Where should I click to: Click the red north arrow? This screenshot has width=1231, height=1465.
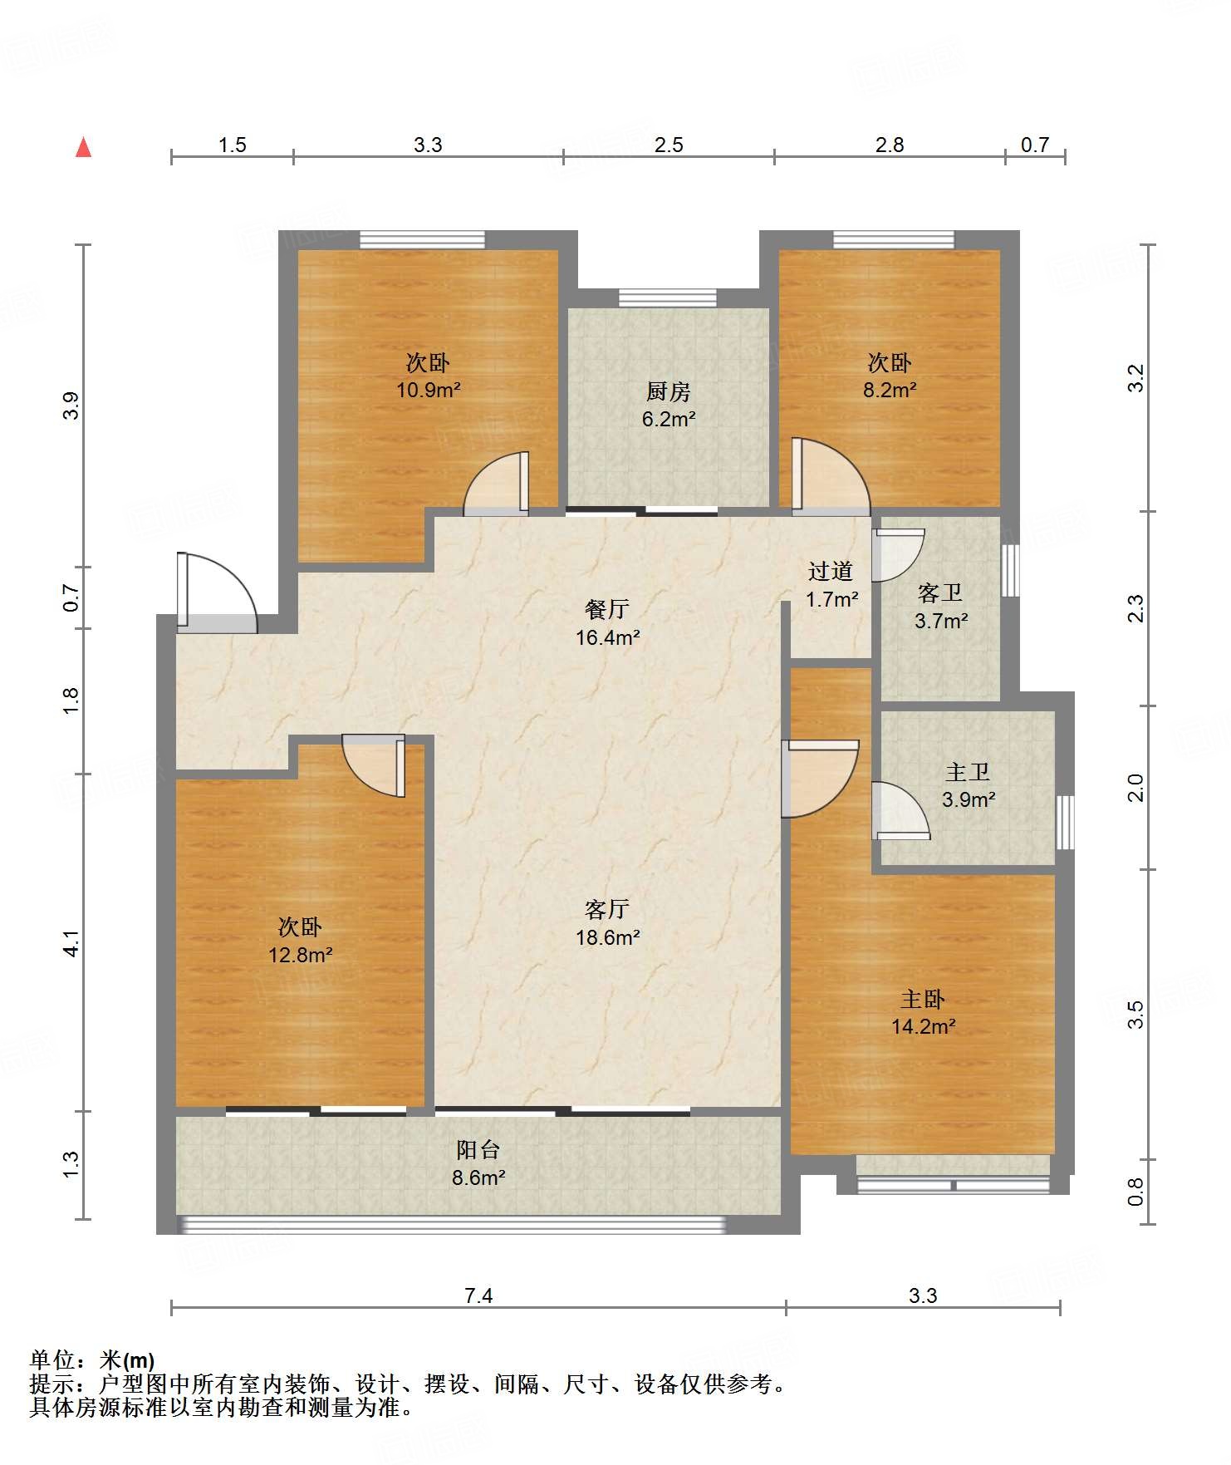tap(83, 147)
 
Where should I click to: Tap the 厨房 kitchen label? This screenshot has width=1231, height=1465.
tap(669, 391)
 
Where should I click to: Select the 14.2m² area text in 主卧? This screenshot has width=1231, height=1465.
tap(923, 1026)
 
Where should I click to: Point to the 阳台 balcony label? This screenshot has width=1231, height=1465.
tap(478, 1149)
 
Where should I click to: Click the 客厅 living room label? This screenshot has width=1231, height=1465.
tap(607, 909)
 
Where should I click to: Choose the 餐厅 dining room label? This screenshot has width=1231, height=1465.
tap(607, 609)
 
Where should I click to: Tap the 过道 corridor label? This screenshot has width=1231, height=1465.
tap(831, 571)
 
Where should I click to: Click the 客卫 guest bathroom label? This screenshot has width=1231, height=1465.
tap(940, 592)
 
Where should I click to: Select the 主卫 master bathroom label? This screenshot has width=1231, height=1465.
tap(968, 772)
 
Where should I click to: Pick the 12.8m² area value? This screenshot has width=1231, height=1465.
tap(300, 955)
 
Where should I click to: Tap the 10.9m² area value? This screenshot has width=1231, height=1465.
tap(429, 390)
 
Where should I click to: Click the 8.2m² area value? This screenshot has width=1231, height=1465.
tap(890, 390)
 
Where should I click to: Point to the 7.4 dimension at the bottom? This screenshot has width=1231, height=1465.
tap(478, 1295)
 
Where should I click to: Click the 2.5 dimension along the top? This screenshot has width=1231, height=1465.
tap(669, 145)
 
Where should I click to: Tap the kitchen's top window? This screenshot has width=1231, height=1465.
tap(668, 297)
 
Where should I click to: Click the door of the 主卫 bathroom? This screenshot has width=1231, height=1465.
tap(900, 810)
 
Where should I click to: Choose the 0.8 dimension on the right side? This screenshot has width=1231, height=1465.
tap(1135, 1191)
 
